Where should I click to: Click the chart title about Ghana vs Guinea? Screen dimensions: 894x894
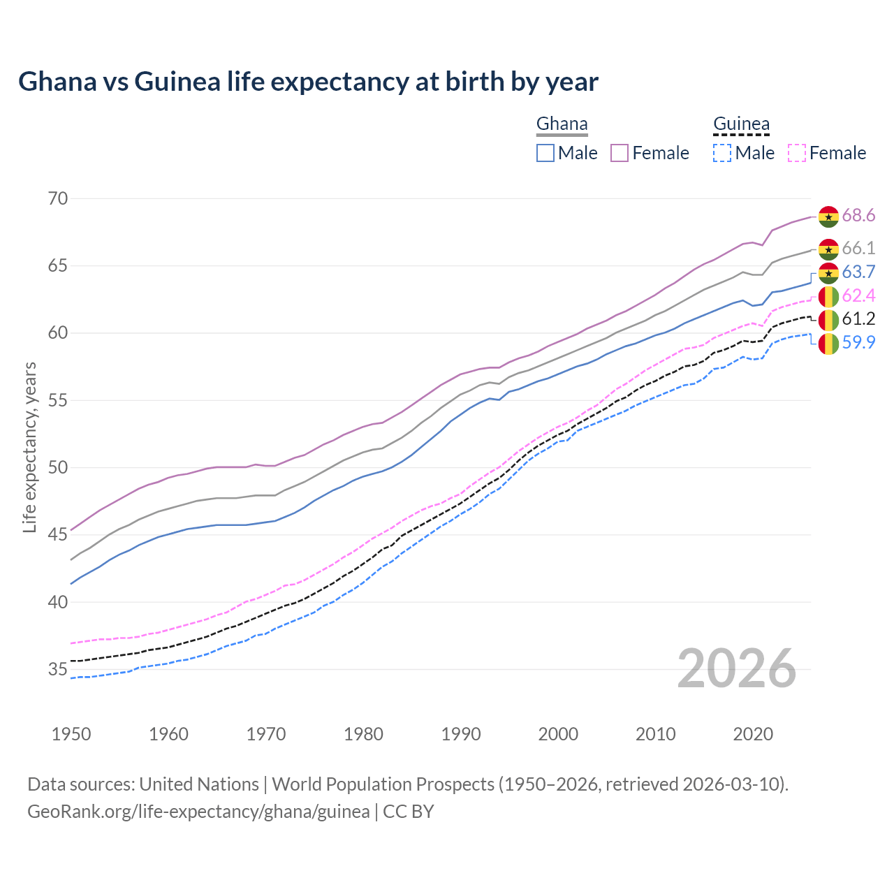[308, 82]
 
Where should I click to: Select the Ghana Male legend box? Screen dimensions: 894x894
[545, 153]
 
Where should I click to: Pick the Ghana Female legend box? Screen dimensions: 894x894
[620, 153]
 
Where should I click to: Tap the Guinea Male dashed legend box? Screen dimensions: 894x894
[722, 153]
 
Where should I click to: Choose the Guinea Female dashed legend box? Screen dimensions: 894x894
[797, 153]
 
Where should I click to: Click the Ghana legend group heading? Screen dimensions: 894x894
[562, 124]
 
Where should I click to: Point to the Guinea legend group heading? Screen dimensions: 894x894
[741, 124]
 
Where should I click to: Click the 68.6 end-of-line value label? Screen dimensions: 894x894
[858, 216]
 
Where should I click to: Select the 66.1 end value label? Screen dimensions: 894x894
[858, 249]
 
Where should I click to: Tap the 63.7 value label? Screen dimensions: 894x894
[858, 272]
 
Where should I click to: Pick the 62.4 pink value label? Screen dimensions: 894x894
[858, 296]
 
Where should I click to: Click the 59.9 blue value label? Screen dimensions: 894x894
[858, 343]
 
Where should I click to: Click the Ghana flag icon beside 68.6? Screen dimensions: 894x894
[828, 217]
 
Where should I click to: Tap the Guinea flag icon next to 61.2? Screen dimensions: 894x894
[828, 320]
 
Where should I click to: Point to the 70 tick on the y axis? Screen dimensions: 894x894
[58, 199]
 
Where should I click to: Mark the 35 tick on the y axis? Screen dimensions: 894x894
[58, 670]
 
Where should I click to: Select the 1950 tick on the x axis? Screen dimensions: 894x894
[71, 734]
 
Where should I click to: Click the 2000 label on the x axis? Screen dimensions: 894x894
[558, 734]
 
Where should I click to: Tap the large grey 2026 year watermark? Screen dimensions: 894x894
[736, 668]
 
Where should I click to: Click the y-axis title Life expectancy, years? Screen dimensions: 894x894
[29, 447]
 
